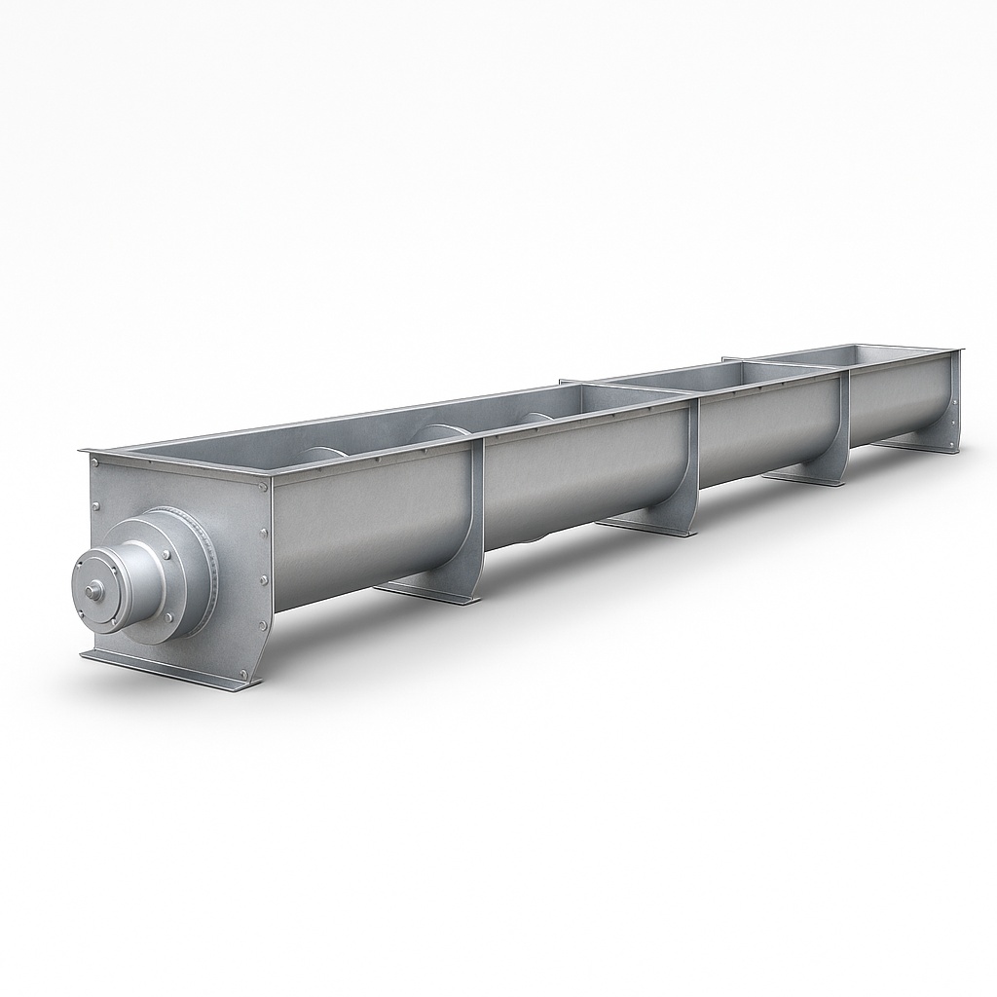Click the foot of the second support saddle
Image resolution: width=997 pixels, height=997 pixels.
pos(647,527)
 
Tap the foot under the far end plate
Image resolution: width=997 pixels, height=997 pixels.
pos(920,445)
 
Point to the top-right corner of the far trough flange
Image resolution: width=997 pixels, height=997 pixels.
pos(960,351)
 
